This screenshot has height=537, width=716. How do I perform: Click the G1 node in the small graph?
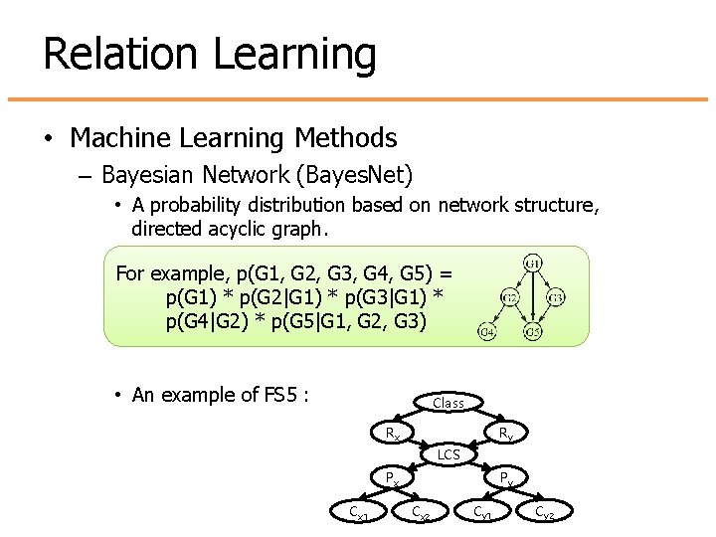tap(532, 264)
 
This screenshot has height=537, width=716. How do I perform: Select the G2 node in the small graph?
tap(508, 297)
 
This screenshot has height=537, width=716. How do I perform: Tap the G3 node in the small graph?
tap(556, 297)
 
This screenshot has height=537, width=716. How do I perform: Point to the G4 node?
tap(487, 331)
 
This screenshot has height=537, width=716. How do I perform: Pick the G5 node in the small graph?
tap(532, 331)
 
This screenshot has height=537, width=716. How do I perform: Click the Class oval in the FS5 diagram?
tap(448, 403)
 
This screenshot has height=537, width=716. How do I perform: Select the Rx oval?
tap(394, 434)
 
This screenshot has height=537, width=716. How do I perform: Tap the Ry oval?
tap(505, 434)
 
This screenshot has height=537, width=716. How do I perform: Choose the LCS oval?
tap(448, 455)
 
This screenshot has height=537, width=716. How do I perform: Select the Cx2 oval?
tap(422, 513)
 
